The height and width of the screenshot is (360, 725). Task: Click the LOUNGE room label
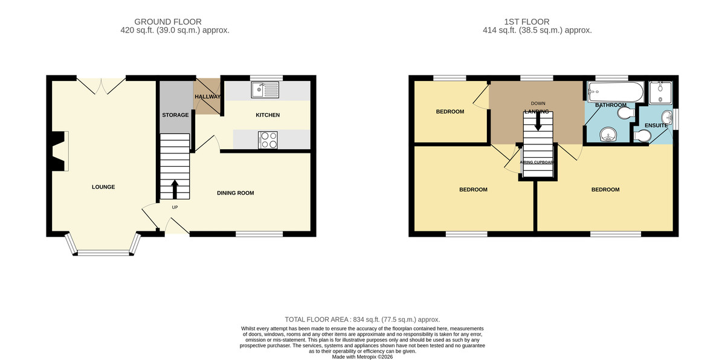[103, 187]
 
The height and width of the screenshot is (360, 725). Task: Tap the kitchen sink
[265, 89]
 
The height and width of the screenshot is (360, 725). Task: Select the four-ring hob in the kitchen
[268, 140]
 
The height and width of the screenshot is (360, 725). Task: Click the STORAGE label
[175, 115]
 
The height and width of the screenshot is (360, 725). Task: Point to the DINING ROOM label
[235, 193]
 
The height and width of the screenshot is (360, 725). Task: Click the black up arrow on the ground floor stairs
[175, 189]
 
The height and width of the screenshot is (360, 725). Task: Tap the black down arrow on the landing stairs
[538, 121]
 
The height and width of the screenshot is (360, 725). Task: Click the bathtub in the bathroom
[616, 92]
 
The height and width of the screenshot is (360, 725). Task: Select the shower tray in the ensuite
[660, 92]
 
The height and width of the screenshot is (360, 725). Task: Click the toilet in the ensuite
[642, 136]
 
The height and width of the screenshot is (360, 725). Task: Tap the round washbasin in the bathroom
[608, 135]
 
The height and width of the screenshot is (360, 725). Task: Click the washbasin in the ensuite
[667, 118]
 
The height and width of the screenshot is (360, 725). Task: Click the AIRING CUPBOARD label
[537, 162]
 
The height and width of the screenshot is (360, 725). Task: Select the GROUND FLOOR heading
[168, 22]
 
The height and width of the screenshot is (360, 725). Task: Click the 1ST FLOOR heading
[527, 22]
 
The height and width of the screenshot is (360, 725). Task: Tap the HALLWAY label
[207, 97]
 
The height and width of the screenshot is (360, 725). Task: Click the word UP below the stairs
[175, 207]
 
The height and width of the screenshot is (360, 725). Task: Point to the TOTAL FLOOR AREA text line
[362, 320]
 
